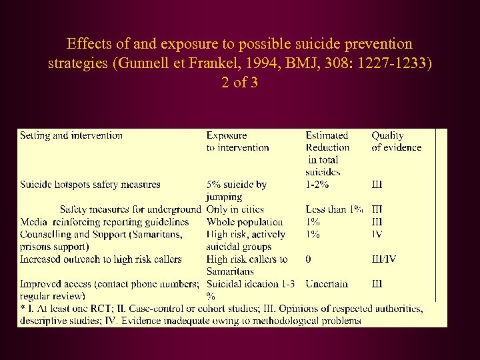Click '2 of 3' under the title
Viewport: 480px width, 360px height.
(239, 83)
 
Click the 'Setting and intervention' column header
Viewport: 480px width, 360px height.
(71, 135)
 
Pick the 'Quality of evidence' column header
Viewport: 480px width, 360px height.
(396, 141)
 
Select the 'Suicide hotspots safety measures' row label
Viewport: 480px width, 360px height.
(90, 184)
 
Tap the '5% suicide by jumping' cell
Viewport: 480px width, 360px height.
(236, 190)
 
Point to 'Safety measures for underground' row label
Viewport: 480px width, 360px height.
(130, 209)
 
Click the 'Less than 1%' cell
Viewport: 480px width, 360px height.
(334, 209)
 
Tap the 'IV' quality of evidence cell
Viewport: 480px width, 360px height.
(377, 234)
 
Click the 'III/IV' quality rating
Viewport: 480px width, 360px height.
(383, 259)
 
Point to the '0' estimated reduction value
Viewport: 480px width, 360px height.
(309, 259)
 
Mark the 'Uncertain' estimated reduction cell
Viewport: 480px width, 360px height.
(327, 283)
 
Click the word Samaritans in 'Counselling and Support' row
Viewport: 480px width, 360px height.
(161, 234)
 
